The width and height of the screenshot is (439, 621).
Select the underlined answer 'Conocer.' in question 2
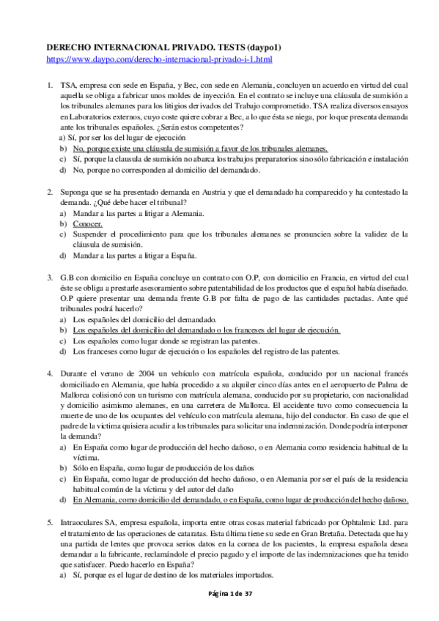click(88, 223)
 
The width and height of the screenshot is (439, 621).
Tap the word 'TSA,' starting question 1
click(69, 85)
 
